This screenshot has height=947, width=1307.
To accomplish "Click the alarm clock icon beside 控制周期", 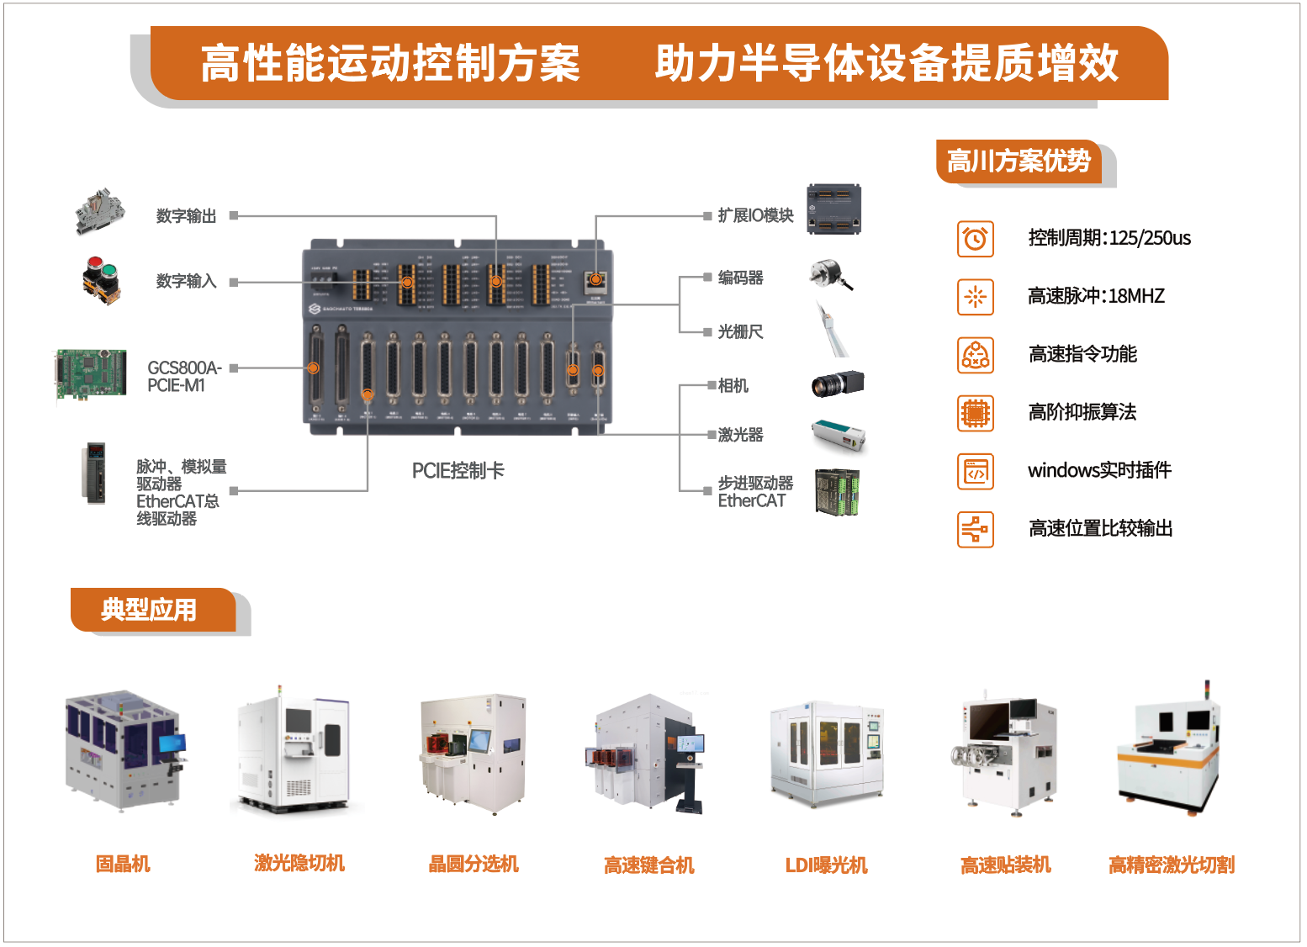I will (975, 239).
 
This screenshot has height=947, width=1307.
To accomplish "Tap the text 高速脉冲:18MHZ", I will (1095, 296).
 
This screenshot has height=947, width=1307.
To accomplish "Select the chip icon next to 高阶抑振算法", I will (975, 413).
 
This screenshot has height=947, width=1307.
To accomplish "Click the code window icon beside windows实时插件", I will (975, 471).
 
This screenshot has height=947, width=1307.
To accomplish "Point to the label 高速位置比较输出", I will (1099, 528).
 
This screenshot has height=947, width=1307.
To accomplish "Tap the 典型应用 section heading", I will (149, 610).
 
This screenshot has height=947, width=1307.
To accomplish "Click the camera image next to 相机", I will (837, 384).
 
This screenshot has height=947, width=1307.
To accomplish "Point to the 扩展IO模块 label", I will (754, 216).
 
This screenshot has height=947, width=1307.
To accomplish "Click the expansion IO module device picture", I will (833, 209).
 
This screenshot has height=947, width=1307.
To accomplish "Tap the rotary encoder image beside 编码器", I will (830, 274).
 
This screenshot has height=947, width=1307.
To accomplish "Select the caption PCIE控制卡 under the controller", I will (458, 471).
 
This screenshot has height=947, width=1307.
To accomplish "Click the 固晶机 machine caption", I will (123, 864).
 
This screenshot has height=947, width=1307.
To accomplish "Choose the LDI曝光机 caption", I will (826, 865).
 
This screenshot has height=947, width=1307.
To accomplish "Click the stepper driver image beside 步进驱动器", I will (837, 492).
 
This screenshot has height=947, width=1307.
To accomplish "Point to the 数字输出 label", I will (186, 216).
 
